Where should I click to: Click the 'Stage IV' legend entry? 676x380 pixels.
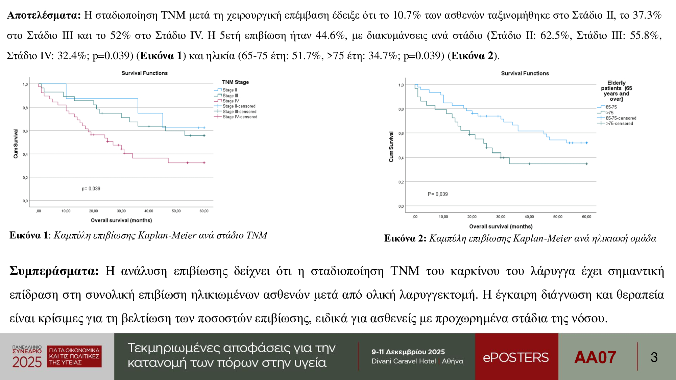pyautogui.click(x=231, y=101)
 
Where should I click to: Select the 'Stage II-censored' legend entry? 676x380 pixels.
pyautogui.click(x=239, y=106)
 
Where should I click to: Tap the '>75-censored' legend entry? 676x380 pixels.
pyautogui.click(x=619, y=124)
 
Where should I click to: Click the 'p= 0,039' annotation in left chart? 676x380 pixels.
pyautogui.click(x=91, y=188)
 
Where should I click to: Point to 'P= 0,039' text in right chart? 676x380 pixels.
pyautogui.click(x=438, y=194)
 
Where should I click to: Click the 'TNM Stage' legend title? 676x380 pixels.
pyautogui.click(x=235, y=82)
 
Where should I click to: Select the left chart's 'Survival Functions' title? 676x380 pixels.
pyautogui.click(x=144, y=73)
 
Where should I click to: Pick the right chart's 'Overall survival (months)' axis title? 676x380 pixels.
pyautogui.click(x=501, y=226)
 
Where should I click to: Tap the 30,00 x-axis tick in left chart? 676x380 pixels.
pyautogui.click(x=121, y=211)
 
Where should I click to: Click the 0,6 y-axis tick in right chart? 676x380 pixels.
pyautogui.click(x=401, y=133)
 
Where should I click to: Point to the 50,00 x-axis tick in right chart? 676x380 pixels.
pyautogui.click(x=558, y=217)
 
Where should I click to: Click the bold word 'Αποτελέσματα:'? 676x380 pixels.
pyautogui.click(x=44, y=15)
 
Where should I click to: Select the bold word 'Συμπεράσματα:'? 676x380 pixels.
pyautogui.click(x=54, y=271)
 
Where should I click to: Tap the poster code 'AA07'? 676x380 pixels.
pyautogui.click(x=595, y=357)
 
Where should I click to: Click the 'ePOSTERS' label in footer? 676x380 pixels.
pyautogui.click(x=515, y=357)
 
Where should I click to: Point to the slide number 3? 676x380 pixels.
pyautogui.click(x=654, y=357)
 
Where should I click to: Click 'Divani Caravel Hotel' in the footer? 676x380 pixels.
pyautogui.click(x=404, y=361)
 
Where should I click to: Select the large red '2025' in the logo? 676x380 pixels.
pyautogui.click(x=27, y=362)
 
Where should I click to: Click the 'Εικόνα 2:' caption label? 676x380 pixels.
pyautogui.click(x=405, y=238)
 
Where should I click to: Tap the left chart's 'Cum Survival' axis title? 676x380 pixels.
pyautogui.click(x=16, y=144)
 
